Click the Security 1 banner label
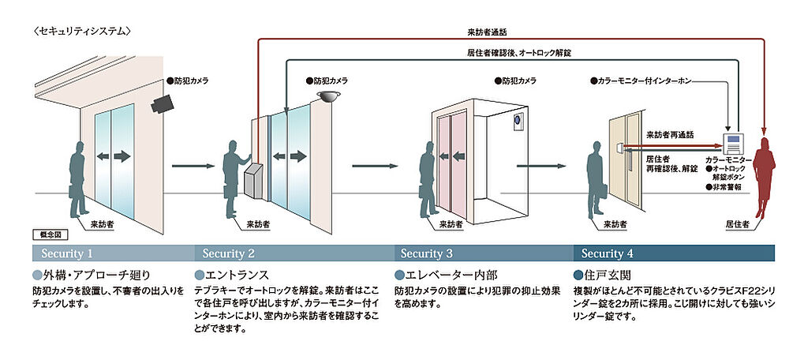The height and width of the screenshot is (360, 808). (x=67, y=253)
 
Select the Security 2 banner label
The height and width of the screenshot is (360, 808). (x=228, y=253)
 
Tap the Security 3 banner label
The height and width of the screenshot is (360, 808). (x=427, y=253)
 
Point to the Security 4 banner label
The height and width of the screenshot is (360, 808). (x=608, y=253)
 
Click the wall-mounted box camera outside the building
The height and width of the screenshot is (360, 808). (x=163, y=103)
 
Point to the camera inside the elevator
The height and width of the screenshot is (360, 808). (x=518, y=120)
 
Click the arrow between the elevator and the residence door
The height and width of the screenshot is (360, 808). (x=541, y=166)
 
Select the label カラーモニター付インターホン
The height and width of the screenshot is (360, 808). (x=641, y=81)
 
